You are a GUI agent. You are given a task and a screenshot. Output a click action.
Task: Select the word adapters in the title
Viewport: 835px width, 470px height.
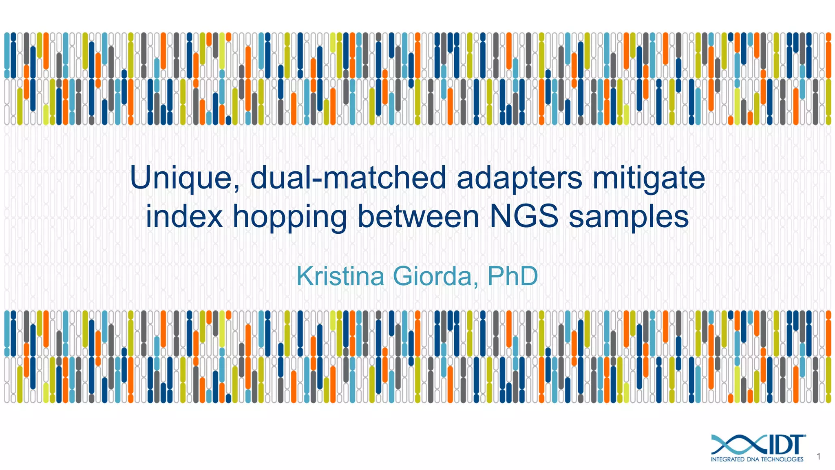click(x=519, y=179)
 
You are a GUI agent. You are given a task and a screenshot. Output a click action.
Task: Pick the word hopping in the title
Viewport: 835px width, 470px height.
click(x=289, y=217)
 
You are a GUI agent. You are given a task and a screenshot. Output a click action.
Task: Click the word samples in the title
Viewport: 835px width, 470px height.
click(x=629, y=217)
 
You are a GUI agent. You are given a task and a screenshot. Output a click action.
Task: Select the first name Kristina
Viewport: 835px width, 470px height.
click(x=340, y=276)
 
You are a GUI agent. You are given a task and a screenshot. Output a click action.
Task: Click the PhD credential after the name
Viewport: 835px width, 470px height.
click(x=512, y=276)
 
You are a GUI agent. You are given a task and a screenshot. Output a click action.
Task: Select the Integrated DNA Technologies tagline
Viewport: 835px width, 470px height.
click(x=757, y=459)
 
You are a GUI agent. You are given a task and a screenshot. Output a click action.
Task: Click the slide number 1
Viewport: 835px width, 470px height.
click(x=818, y=457)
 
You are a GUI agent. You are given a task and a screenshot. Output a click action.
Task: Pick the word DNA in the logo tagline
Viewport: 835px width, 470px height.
click(x=753, y=459)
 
